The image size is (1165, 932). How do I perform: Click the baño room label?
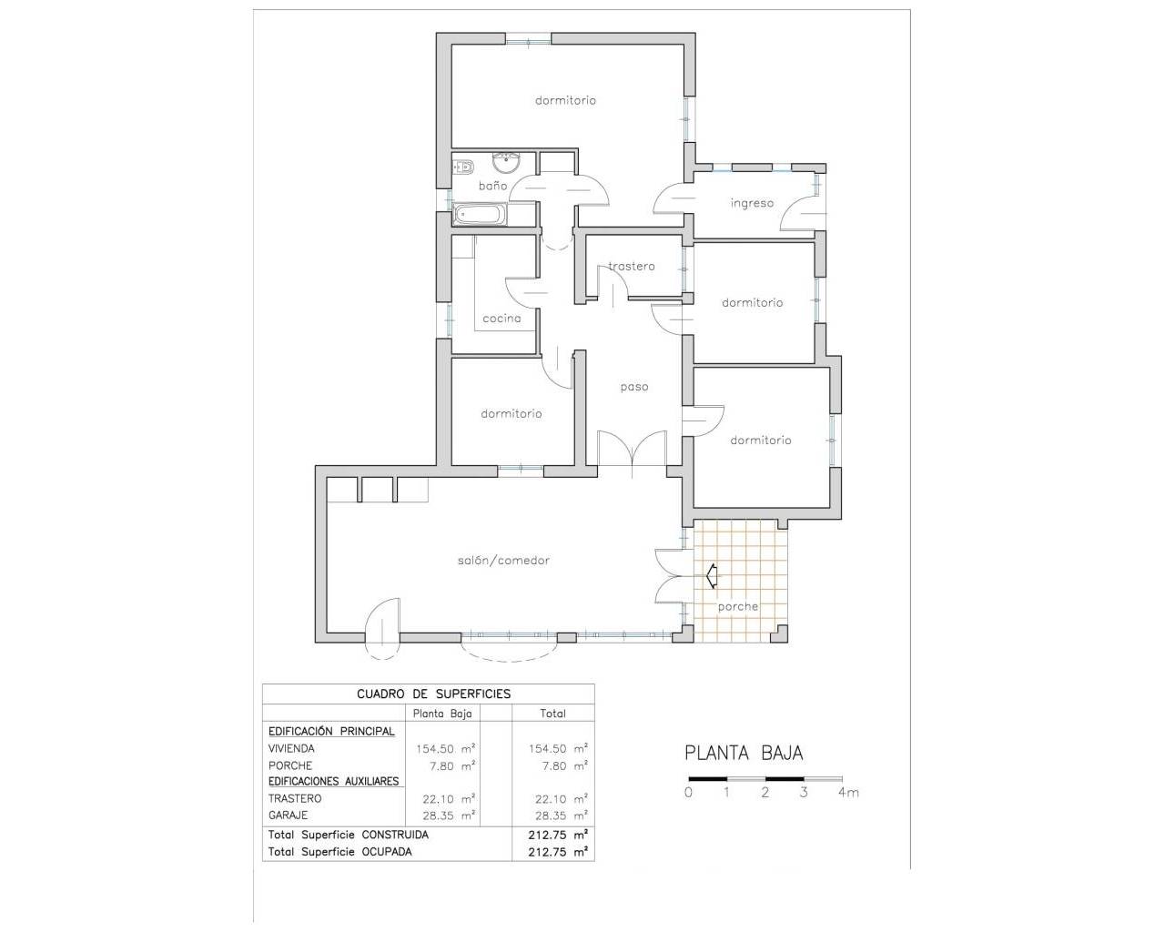[x=492, y=186]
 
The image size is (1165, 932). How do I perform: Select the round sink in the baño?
[x=505, y=163]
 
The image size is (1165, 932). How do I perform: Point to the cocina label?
[x=501, y=319]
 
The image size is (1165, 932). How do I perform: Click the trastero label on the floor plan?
[x=632, y=267]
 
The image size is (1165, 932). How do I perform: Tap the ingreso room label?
[x=752, y=203]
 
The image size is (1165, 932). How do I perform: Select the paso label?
[x=634, y=387]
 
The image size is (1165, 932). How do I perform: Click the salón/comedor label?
[x=503, y=561]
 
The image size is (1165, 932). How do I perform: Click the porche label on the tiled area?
[x=737, y=607]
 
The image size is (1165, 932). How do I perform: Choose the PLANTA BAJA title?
[x=744, y=754]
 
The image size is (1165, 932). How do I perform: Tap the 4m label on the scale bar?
[x=848, y=793]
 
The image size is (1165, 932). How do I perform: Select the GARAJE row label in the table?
[x=288, y=815]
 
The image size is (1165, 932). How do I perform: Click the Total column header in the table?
[x=552, y=714]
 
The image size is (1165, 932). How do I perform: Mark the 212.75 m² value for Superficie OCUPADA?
[x=557, y=852]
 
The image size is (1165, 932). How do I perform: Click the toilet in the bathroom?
[x=461, y=167]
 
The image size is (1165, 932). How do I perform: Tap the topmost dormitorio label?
[x=565, y=101]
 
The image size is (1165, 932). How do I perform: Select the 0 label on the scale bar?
[x=688, y=793]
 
